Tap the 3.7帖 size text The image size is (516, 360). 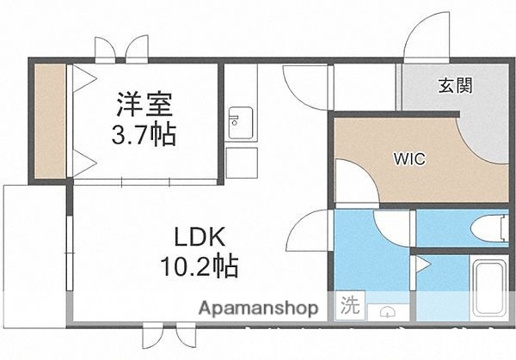(x=145, y=134)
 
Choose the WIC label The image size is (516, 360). (x=408, y=159)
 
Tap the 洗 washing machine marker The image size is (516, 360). (x=352, y=305)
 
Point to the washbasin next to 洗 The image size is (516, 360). (x=388, y=310)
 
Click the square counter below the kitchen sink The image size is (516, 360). (x=242, y=160)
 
